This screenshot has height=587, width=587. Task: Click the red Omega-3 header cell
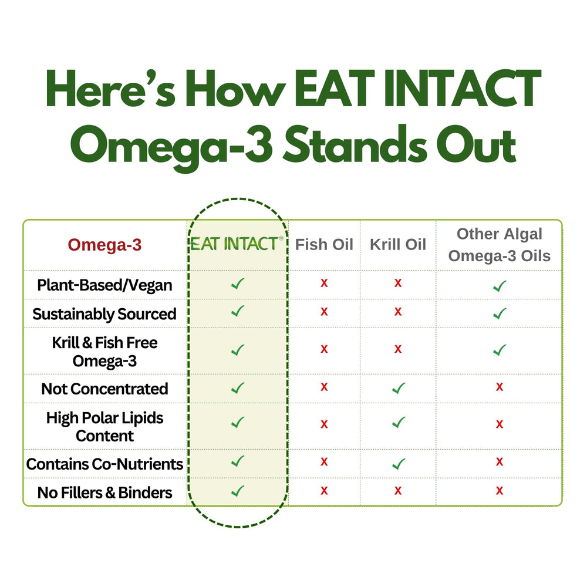(104, 245)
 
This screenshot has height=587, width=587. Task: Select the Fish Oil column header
(324, 244)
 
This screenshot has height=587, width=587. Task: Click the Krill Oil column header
(397, 244)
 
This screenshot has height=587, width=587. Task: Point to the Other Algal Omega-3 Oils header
(500, 245)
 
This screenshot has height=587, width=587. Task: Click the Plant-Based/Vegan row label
(104, 285)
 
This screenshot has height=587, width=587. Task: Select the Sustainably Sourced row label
(104, 314)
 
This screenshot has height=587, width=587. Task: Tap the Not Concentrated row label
(104, 389)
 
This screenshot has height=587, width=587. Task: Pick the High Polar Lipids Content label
(104, 427)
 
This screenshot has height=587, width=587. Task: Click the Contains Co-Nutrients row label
(104, 464)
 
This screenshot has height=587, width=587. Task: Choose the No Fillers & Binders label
(104, 493)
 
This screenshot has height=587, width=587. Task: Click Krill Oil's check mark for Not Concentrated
(398, 388)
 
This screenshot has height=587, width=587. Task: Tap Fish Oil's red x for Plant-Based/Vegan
(324, 284)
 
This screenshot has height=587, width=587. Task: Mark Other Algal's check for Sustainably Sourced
(500, 313)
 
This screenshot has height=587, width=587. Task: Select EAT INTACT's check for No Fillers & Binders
(237, 491)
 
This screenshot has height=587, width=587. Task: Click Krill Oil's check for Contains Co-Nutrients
(398, 464)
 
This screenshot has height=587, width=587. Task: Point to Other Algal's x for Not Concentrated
(500, 387)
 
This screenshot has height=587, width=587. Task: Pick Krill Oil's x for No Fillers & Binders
(398, 491)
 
